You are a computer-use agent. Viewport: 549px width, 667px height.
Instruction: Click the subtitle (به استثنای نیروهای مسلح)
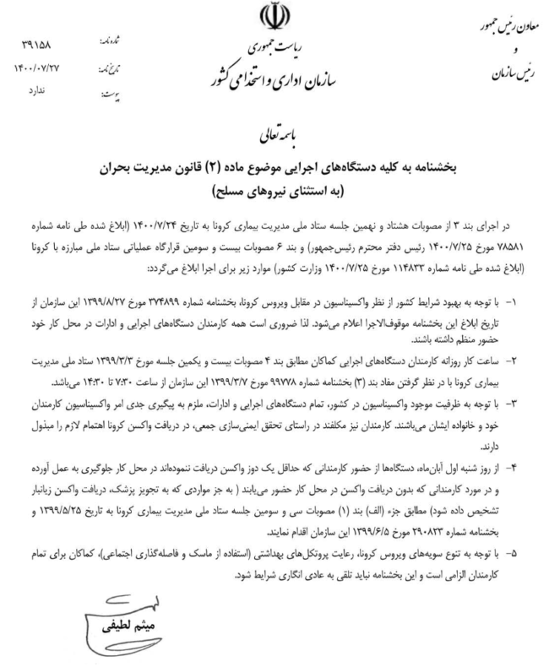pyautogui.click(x=274, y=189)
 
